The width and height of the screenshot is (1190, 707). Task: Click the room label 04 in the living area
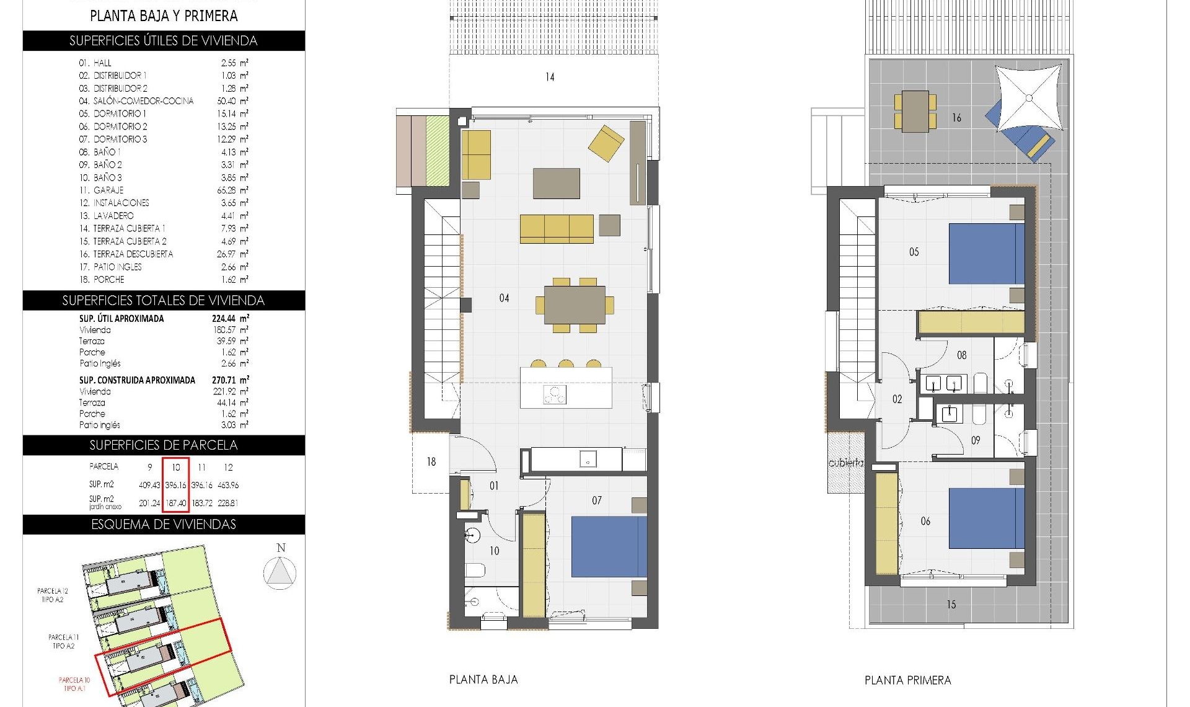point(504,298)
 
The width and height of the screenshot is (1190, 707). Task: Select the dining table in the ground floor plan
point(575,305)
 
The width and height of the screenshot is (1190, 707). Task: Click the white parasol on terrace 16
point(1028,97)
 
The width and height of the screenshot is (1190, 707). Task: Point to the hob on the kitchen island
point(554,394)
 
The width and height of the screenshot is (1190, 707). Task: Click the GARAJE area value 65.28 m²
point(229,190)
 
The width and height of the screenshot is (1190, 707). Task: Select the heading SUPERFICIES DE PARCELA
point(164,445)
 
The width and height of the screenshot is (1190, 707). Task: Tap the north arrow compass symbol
point(280,572)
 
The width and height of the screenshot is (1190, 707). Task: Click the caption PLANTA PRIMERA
point(907,680)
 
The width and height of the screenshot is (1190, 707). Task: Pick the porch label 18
point(431,462)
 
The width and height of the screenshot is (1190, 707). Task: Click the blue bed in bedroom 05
point(986,254)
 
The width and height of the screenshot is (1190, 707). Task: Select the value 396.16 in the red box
point(176,485)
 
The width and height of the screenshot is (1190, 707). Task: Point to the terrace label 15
point(951,604)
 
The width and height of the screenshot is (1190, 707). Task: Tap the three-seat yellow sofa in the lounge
point(556,229)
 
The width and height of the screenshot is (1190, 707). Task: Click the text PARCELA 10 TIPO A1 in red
point(74,684)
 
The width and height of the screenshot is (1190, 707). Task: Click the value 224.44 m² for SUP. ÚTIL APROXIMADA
point(230,319)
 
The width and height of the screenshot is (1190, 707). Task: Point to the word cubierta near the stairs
point(845,463)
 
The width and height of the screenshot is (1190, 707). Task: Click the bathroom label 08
point(961,355)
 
